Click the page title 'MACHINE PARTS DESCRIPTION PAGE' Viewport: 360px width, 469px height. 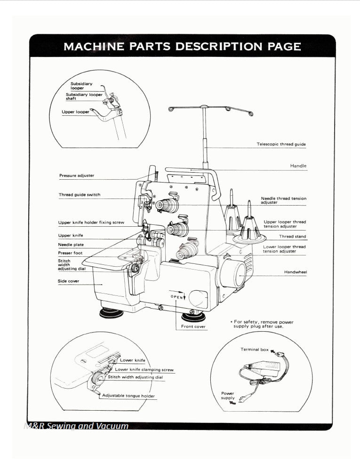click(x=182, y=47)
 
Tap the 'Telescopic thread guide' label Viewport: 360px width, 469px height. click(x=281, y=144)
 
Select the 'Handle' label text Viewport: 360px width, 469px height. click(x=298, y=166)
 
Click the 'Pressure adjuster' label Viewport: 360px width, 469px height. click(x=76, y=175)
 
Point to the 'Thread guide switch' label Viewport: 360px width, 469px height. click(x=79, y=195)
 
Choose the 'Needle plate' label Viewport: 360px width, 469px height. click(x=71, y=245)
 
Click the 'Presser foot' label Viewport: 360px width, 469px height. click(x=70, y=253)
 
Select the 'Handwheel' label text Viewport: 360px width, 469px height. click(x=295, y=272)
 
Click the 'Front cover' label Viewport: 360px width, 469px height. click(x=193, y=326)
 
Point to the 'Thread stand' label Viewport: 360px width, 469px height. click(x=292, y=237)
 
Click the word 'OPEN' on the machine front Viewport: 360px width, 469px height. click(x=176, y=297)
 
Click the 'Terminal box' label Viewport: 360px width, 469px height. click(x=255, y=350)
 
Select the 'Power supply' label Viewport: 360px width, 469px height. click(x=227, y=396)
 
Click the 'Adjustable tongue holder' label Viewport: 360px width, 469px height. click(x=128, y=396)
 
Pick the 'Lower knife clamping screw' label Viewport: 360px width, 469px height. click(x=144, y=370)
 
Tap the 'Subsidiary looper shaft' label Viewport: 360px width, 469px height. click(x=84, y=96)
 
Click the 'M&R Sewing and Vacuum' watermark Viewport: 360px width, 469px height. click(x=76, y=426)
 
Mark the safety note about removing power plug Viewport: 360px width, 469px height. click(x=263, y=324)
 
